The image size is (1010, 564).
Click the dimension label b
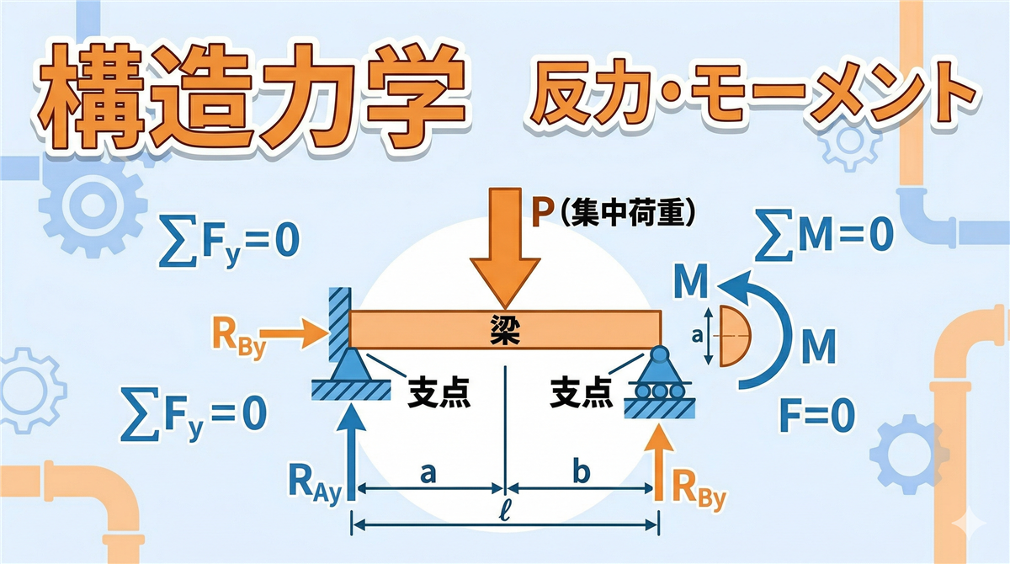pos(581,473)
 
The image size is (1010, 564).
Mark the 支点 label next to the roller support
pos(582,392)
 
